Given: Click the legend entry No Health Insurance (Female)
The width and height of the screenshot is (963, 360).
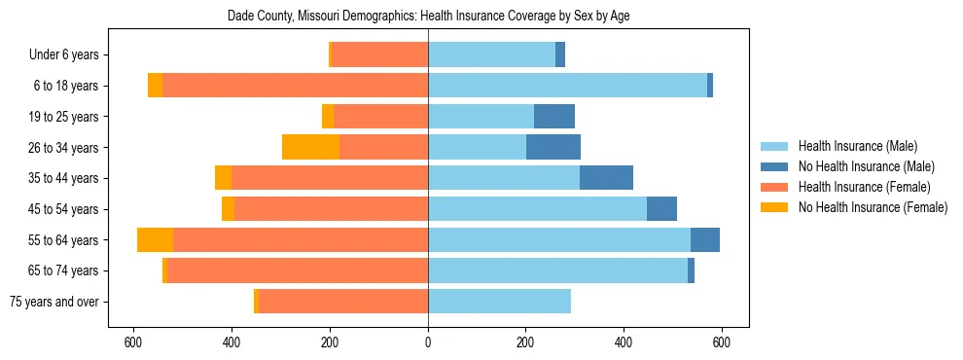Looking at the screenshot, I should pyautogui.click(x=873, y=207).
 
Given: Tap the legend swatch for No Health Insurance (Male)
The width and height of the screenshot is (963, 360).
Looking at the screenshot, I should pyautogui.click(x=775, y=166).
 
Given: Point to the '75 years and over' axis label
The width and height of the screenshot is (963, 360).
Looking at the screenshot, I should pyautogui.click(x=53, y=302).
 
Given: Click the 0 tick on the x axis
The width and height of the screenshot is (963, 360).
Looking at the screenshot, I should pyautogui.click(x=428, y=342).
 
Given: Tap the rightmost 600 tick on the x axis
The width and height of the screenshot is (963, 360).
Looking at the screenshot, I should pyautogui.click(x=722, y=342).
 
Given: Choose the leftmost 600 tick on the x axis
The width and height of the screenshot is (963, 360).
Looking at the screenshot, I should pyautogui.click(x=133, y=342).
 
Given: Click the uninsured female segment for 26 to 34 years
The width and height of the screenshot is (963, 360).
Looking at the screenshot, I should pyautogui.click(x=310, y=147).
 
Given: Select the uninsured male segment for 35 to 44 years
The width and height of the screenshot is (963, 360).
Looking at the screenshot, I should pyautogui.click(x=606, y=178).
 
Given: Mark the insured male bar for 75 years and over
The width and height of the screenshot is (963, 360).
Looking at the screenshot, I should pyautogui.click(x=499, y=302).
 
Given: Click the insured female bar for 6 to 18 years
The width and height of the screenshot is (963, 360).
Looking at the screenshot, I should pyautogui.click(x=295, y=86).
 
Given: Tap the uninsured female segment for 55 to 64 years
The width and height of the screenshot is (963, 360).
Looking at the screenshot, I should pyautogui.click(x=155, y=240).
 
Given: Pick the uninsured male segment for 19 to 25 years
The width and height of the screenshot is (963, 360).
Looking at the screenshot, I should pyautogui.click(x=554, y=117).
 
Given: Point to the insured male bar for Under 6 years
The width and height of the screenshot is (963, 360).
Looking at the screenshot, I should pyautogui.click(x=491, y=54).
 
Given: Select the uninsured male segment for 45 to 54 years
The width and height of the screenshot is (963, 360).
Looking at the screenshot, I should pyautogui.click(x=661, y=209).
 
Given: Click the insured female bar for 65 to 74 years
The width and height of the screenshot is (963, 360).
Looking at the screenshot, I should pyautogui.click(x=298, y=270).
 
